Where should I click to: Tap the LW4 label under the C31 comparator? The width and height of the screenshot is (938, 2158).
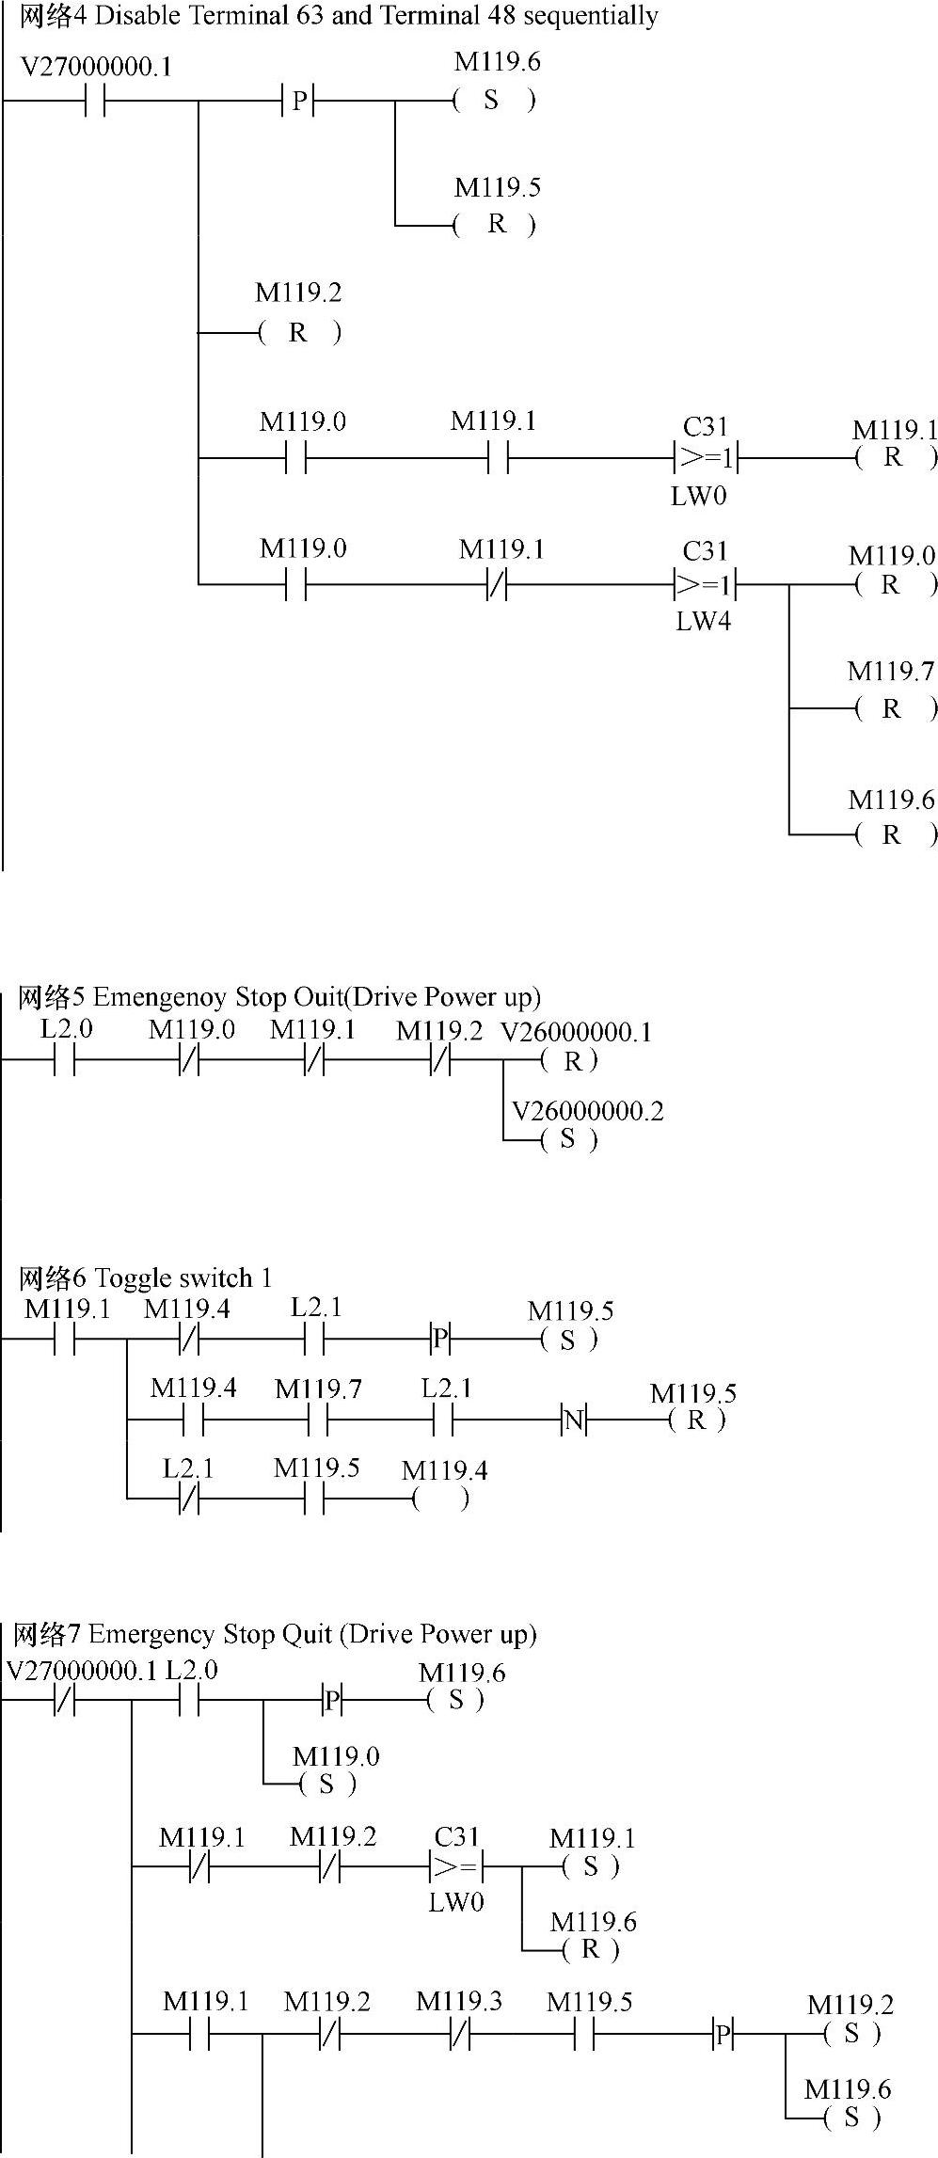tap(703, 620)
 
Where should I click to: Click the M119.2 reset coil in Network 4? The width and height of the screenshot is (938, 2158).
tap(299, 332)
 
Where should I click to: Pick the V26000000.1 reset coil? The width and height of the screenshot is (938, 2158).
tap(569, 1061)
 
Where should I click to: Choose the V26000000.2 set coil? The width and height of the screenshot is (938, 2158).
tap(567, 1139)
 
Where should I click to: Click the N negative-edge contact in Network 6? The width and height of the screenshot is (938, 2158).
tap(574, 1420)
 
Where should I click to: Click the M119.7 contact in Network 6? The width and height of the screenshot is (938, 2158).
tap(318, 1420)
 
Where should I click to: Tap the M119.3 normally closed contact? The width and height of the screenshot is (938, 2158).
tap(459, 2035)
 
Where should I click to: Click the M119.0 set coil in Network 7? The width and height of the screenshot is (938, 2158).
tap(326, 1784)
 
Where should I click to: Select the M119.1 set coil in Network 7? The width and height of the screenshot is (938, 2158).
tap(590, 1866)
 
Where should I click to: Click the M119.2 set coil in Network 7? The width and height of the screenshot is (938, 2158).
tap(851, 2034)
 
